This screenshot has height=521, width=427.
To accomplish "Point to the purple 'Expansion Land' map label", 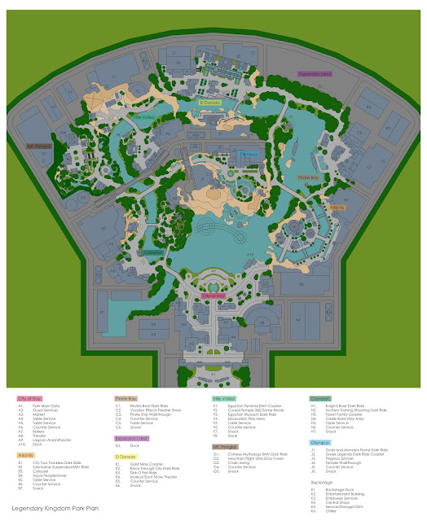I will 316,73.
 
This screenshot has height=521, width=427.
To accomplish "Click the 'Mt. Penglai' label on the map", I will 39,146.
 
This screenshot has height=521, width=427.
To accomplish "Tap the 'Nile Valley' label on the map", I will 143,117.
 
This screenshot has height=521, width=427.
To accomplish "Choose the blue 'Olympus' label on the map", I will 249,152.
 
